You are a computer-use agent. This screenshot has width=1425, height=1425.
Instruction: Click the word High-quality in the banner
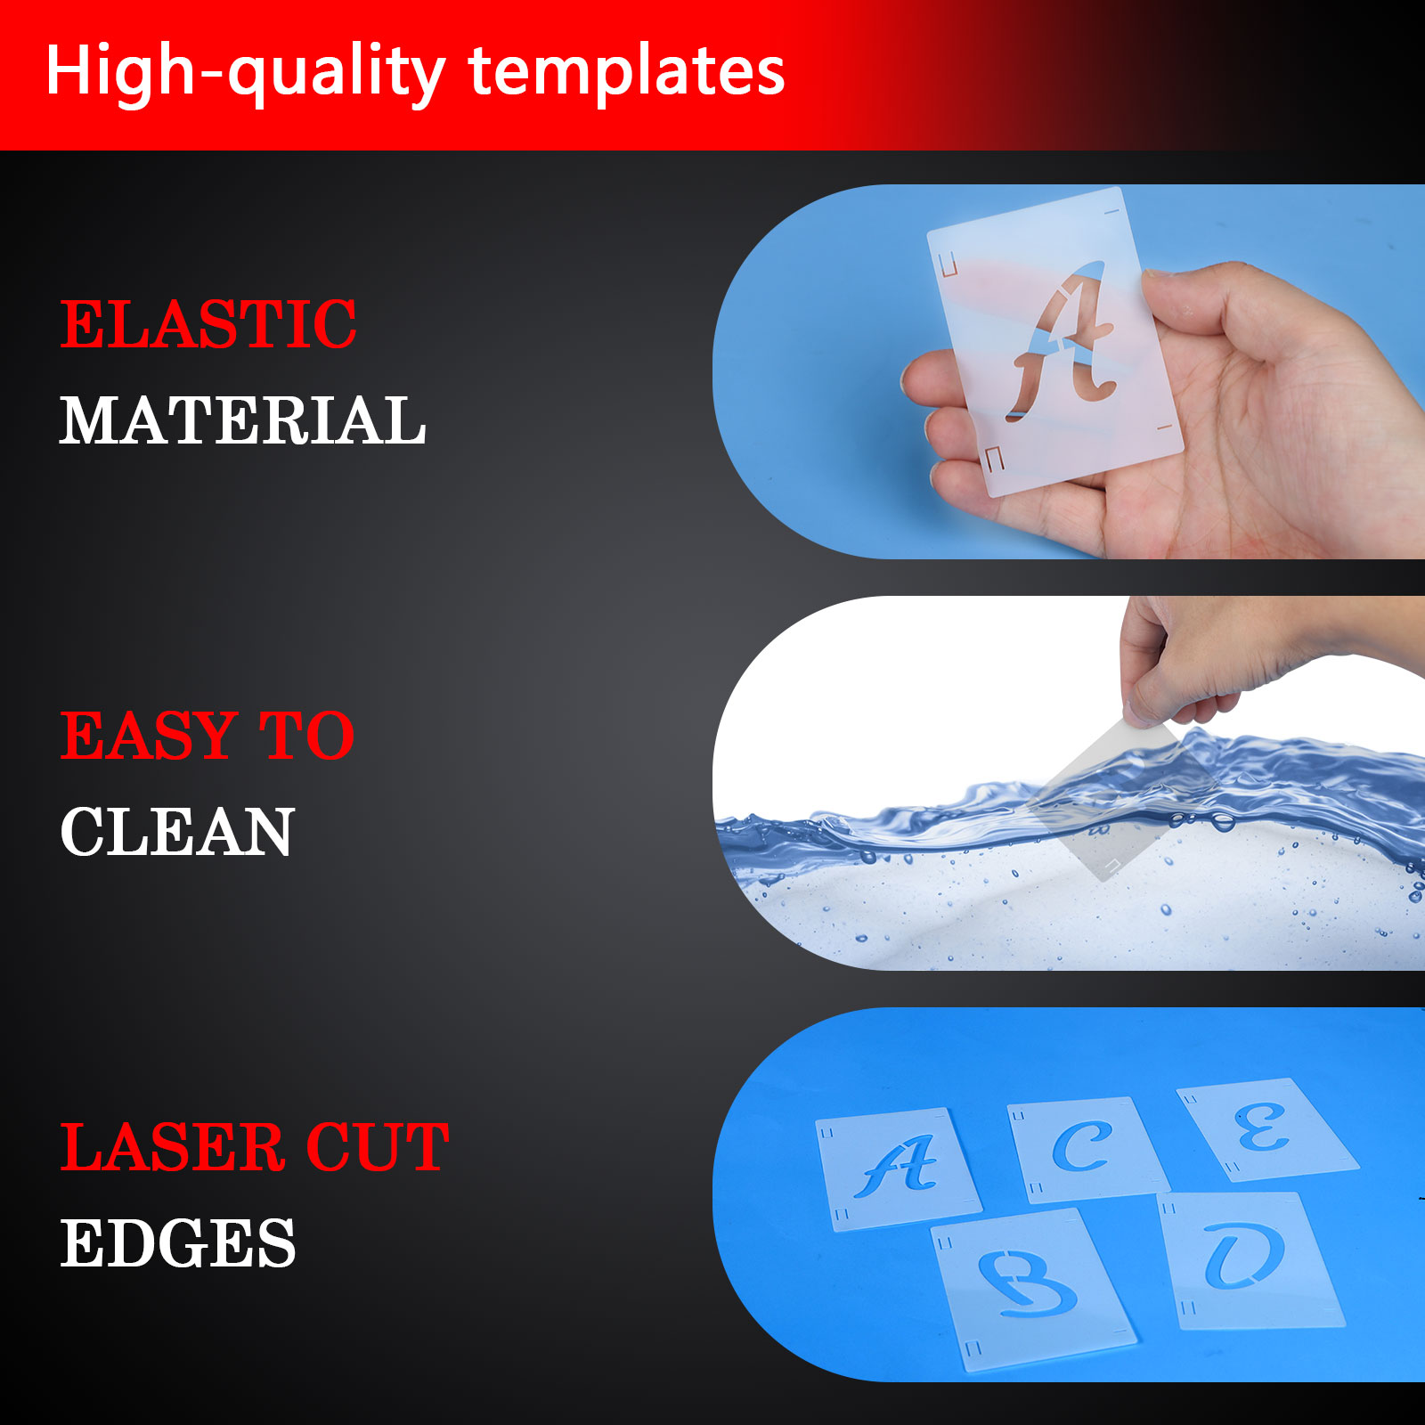point(246,72)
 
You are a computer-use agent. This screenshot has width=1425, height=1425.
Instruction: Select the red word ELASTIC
point(208,324)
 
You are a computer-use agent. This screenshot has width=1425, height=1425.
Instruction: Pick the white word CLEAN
point(177,832)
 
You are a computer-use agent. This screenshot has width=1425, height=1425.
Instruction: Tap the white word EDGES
point(178,1243)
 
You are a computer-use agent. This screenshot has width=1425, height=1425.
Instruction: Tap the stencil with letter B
point(1033,1289)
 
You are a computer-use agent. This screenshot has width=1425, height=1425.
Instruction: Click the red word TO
point(306,736)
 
